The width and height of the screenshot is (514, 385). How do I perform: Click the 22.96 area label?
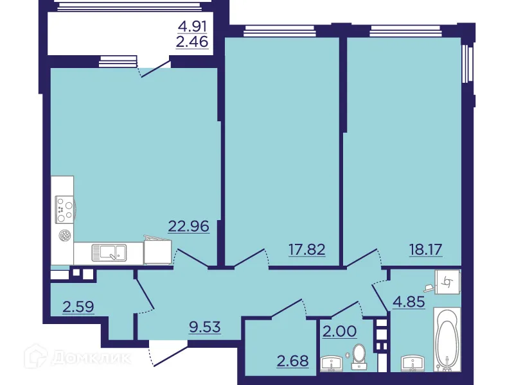189,226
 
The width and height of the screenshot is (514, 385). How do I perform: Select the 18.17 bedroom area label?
426,249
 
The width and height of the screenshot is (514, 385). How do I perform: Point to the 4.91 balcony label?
193,28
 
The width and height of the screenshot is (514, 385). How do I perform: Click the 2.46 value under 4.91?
193,44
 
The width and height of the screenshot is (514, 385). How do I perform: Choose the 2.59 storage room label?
78,306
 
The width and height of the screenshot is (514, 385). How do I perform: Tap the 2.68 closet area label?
292,361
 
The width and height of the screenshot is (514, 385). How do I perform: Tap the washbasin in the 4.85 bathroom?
411,363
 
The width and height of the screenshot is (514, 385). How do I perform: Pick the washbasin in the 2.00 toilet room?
333,363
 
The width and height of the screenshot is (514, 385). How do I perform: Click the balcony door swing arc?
154,69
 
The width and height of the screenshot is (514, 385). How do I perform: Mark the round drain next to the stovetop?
64,235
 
